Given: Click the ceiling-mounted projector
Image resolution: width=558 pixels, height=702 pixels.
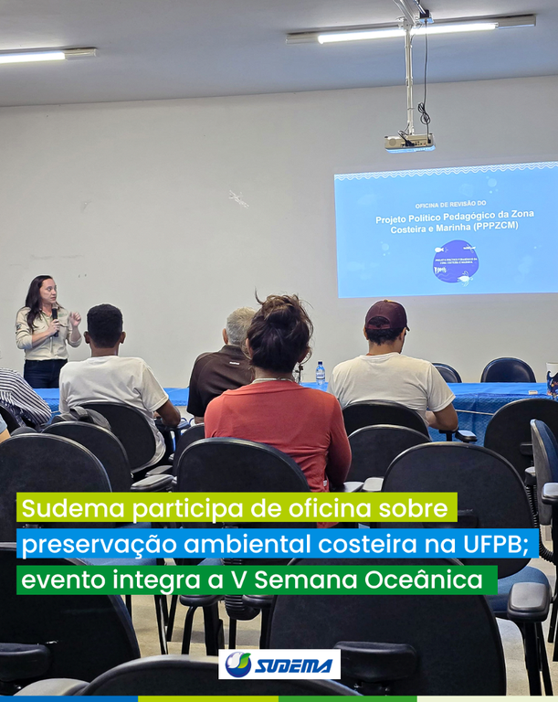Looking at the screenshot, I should (x=408, y=142).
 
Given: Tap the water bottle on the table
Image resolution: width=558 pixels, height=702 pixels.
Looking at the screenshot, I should (x=321, y=374).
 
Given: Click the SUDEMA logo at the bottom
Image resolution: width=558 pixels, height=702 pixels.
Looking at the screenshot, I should (x=279, y=665).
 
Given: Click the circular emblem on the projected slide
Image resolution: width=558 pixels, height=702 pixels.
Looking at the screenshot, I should (x=455, y=261).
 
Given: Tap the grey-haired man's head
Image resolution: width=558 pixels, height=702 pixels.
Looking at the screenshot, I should (x=240, y=326).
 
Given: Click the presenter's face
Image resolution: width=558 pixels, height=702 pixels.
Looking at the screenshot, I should (x=47, y=293).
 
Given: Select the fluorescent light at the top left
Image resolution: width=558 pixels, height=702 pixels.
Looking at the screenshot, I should (x=46, y=55).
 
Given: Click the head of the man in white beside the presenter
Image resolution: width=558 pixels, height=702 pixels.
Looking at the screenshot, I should (x=104, y=326).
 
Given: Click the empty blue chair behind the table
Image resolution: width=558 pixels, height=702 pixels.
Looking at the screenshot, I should (x=508, y=370).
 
